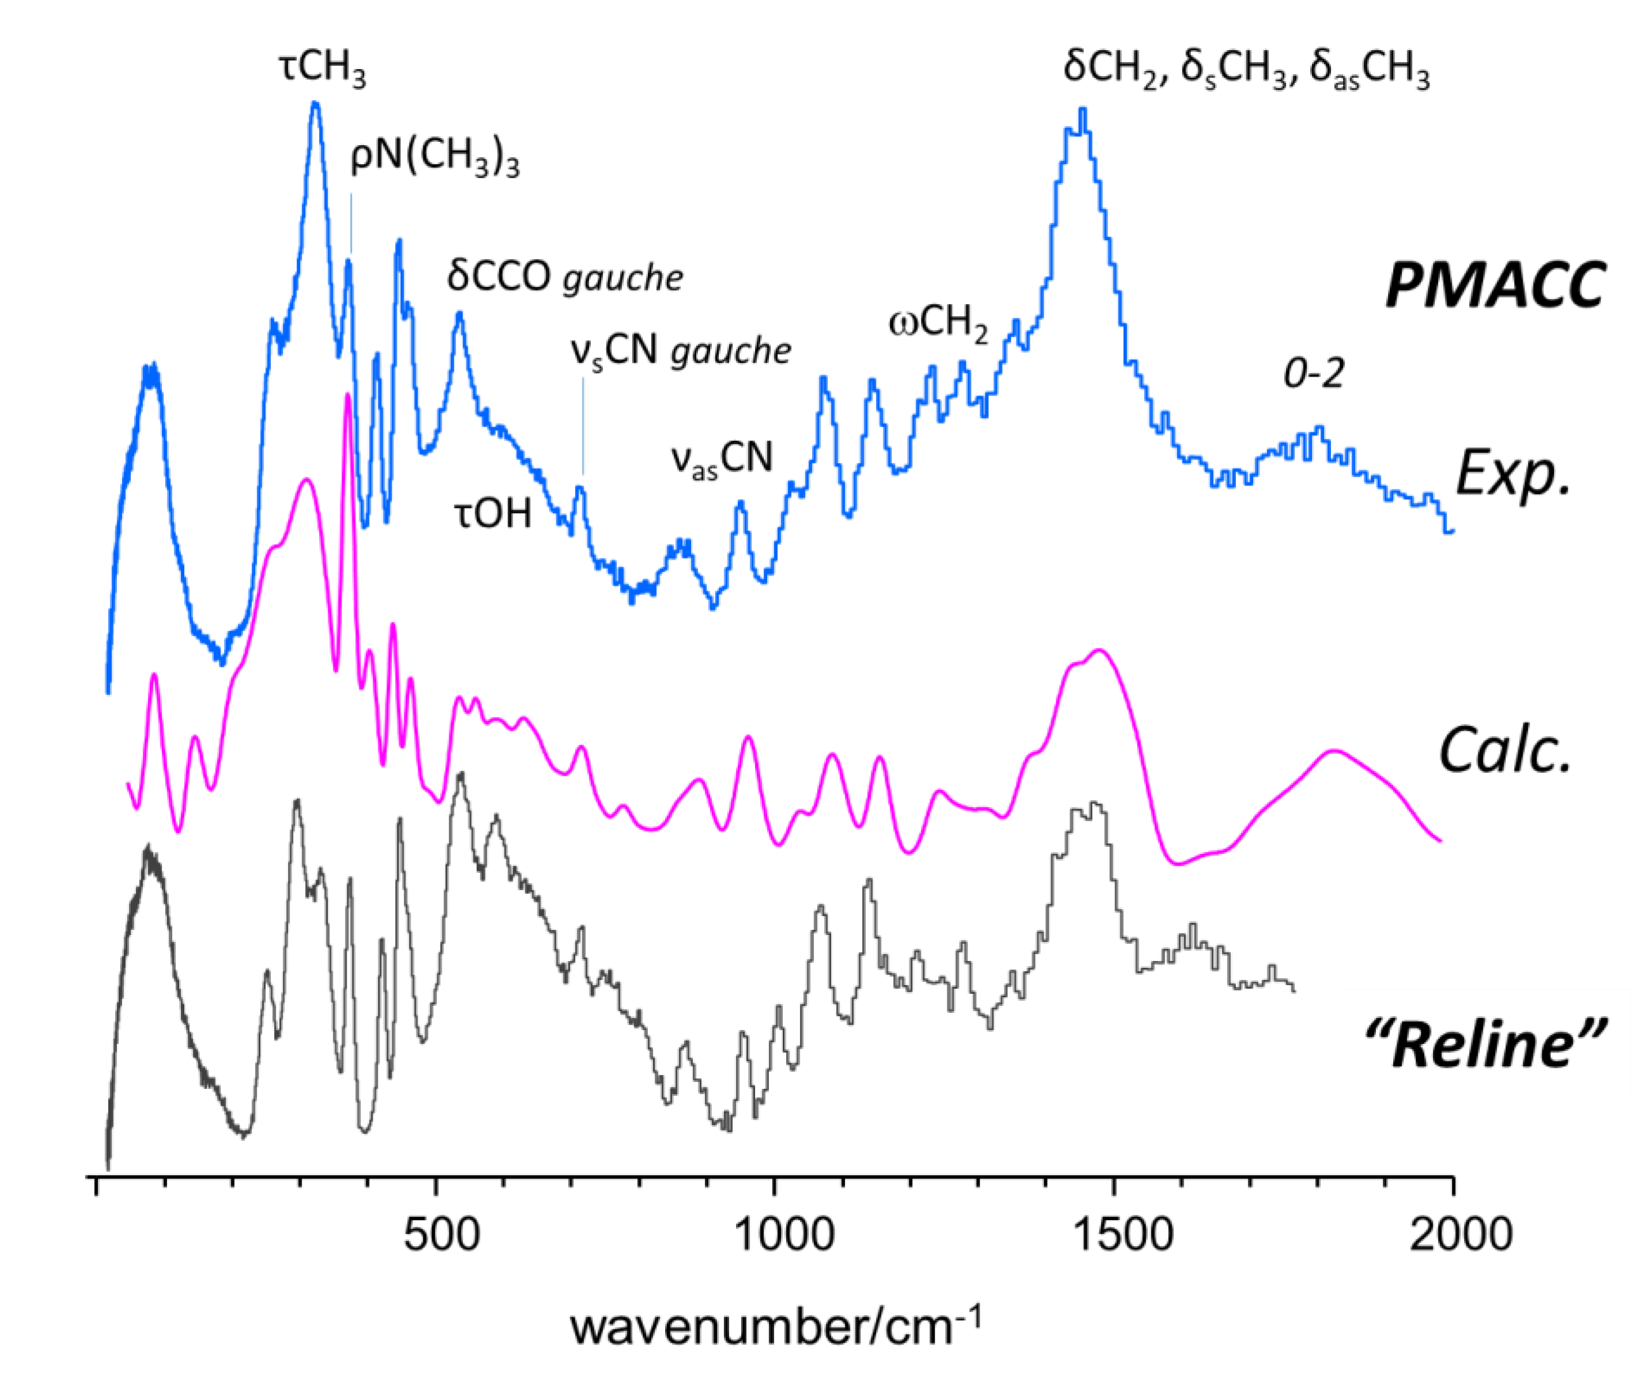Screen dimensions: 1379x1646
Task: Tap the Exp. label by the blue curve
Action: pos(1514,473)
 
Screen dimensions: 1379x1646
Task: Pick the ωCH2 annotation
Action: pos(938,324)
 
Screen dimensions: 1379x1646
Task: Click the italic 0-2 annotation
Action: pos(1314,374)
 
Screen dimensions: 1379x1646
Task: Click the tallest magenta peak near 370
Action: pos(347,397)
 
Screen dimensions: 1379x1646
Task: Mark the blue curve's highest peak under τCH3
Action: pos(316,104)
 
